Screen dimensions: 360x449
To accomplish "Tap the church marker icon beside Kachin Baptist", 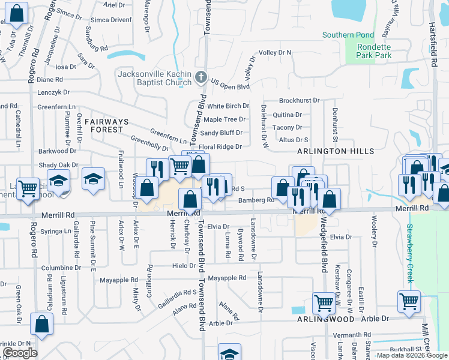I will pyautogui.click(x=201, y=77).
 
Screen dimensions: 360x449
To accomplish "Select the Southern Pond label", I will pyautogui.click(x=348, y=35).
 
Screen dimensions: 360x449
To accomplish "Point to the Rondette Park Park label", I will pyautogui.click(x=374, y=51).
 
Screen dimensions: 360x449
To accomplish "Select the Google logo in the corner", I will pyautogui.click(x=19, y=353).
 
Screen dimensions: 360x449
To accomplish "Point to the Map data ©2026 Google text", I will pyautogui.click(x=411, y=355).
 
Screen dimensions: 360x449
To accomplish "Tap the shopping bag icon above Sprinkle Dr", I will pyautogui.click(x=42, y=324).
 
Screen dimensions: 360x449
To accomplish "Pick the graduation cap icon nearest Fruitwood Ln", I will pyautogui.click(x=93, y=179).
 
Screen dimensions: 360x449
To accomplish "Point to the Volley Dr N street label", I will pyautogui.click(x=275, y=53).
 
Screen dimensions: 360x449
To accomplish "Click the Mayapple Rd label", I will pyautogui.click(x=228, y=278).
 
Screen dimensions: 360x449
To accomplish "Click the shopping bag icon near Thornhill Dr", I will pyautogui.click(x=18, y=13).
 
